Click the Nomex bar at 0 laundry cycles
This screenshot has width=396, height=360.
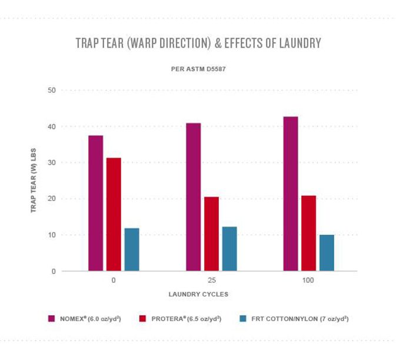96,204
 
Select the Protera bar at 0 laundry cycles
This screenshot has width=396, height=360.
114,215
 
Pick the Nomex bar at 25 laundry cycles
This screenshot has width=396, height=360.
193,197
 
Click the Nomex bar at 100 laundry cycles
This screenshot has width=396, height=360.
291,194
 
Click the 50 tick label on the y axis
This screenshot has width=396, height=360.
51,90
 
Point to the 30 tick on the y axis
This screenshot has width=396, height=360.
51,163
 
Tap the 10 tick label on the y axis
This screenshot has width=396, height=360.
51,235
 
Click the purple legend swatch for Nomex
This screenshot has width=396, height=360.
52,318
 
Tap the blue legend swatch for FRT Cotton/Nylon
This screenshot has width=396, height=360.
242,318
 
